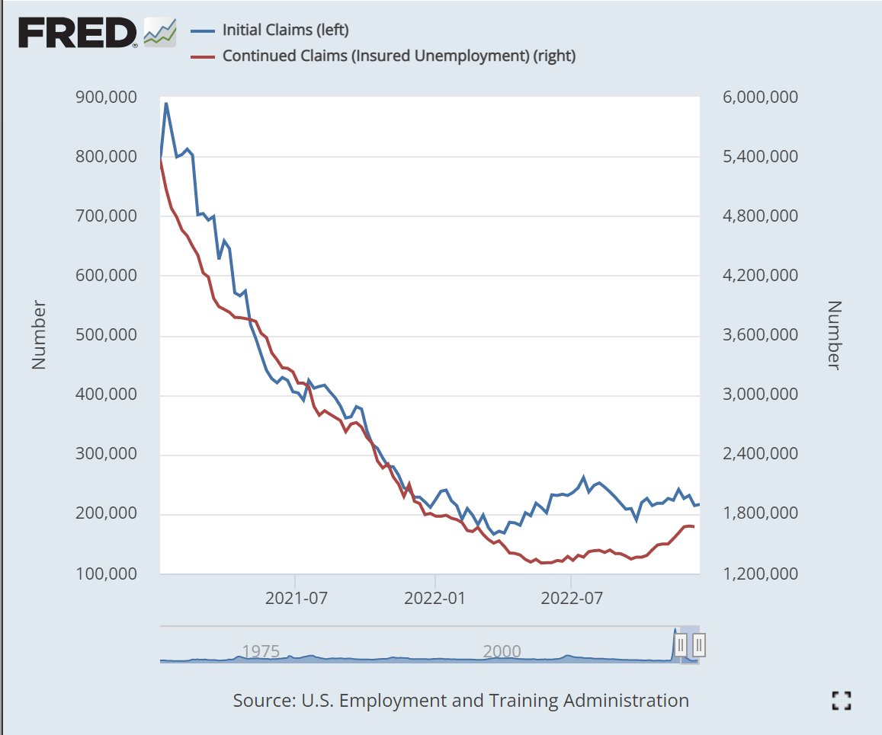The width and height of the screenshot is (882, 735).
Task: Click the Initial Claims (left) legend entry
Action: (284, 30)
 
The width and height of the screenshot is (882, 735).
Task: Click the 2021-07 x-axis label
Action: (296, 598)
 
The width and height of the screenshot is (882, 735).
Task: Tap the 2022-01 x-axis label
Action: (435, 598)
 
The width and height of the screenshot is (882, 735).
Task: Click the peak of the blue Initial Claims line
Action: (166, 104)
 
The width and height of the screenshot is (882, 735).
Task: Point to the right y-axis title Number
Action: (834, 335)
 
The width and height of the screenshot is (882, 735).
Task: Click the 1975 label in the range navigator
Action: (261, 651)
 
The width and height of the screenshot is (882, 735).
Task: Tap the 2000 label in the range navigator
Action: (502, 651)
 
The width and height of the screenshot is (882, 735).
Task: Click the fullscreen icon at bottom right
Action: (841, 701)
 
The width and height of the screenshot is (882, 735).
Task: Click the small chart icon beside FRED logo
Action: (160, 32)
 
